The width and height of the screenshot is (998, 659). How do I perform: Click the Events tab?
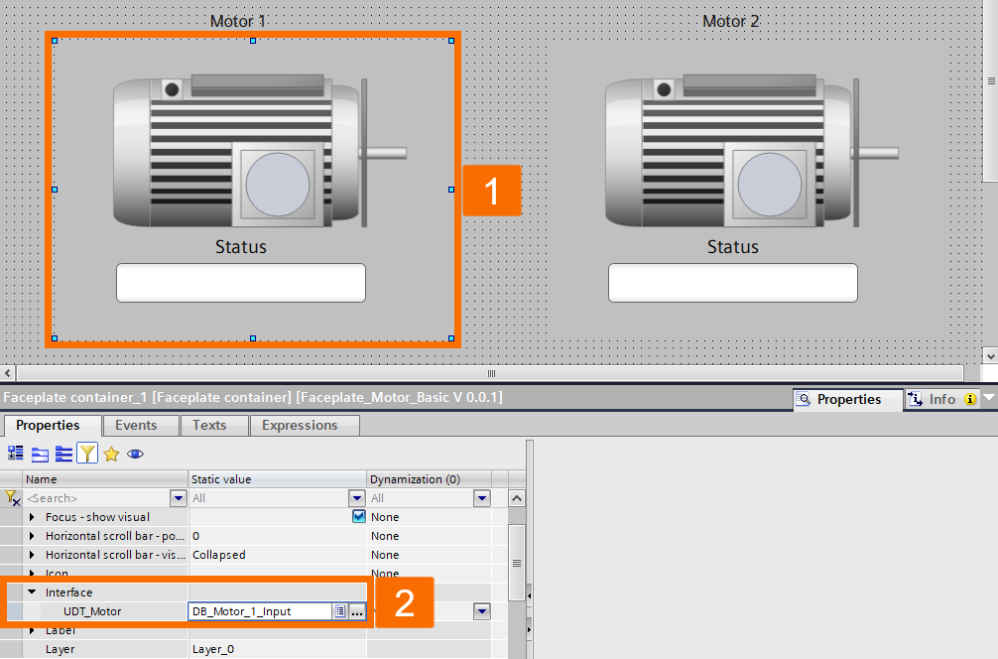tap(136, 425)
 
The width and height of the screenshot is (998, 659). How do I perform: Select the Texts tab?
tap(208, 425)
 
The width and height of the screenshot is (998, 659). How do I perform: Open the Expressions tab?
tap(300, 425)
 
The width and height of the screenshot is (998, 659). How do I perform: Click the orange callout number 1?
tap(491, 189)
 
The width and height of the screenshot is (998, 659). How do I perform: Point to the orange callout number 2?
tap(405, 602)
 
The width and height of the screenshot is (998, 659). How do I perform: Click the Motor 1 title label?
tap(238, 21)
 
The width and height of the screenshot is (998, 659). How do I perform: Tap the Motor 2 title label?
tap(730, 21)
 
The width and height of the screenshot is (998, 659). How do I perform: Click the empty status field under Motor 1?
tap(241, 283)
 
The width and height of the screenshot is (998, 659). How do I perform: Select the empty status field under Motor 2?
tap(732, 283)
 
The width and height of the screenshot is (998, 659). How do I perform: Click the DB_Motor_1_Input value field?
tap(260, 611)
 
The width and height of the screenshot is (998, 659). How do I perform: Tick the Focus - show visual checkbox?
tap(358, 516)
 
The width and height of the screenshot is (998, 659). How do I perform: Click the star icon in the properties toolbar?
tap(111, 454)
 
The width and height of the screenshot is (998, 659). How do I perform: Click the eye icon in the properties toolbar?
tap(135, 454)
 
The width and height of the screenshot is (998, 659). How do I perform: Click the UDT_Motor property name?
tap(92, 611)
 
